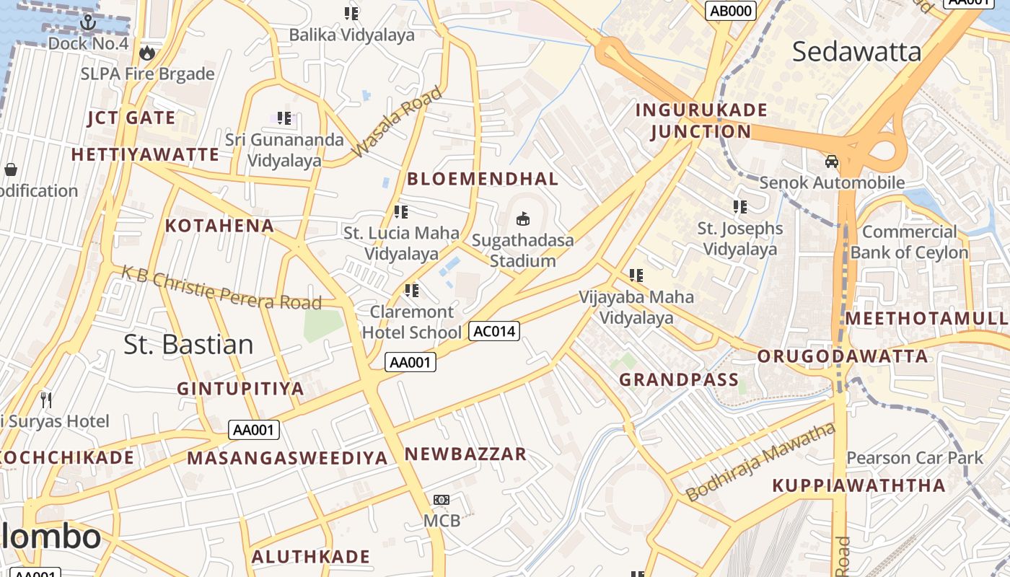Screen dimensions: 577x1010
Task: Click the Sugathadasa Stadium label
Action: [x=522, y=250]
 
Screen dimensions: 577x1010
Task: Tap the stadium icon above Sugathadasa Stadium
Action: [x=523, y=219]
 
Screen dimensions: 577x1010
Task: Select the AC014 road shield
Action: [x=494, y=331]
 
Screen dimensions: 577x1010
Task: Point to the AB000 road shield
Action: [x=730, y=10]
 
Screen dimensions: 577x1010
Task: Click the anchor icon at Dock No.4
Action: [x=88, y=22]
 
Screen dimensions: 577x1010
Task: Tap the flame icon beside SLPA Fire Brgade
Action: [x=147, y=53]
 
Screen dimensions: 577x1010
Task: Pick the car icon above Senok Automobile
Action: [x=832, y=162]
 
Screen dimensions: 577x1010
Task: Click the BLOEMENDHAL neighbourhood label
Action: [x=483, y=179]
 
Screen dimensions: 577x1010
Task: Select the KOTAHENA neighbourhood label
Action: [x=219, y=226]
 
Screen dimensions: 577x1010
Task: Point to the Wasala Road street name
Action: [x=396, y=122]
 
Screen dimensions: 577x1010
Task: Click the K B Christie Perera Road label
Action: [x=221, y=288]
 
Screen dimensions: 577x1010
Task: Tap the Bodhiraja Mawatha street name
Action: [x=760, y=462]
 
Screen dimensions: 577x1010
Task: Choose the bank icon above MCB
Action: [x=442, y=500]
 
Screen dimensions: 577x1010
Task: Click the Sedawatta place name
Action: [x=856, y=52]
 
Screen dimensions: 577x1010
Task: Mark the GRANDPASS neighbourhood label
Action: [x=679, y=380]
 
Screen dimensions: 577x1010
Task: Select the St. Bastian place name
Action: [x=188, y=344]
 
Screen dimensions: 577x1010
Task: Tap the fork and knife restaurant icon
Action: [x=46, y=400]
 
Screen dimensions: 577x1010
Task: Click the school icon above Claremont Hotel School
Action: [x=412, y=291]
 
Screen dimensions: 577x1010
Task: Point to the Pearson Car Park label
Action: [x=914, y=458]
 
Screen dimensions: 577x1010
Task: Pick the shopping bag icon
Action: [x=11, y=169]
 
